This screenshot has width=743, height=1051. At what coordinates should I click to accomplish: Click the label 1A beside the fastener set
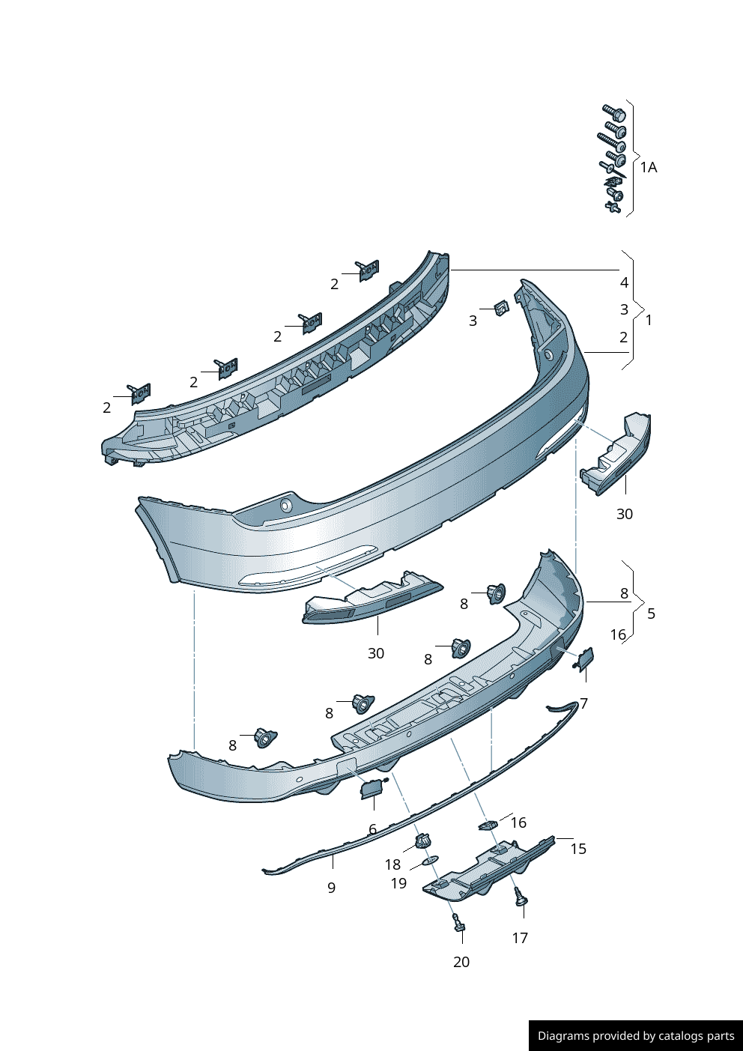click(648, 167)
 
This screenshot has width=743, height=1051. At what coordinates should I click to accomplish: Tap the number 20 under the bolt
click(461, 962)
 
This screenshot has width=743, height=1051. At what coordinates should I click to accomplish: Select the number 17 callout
click(520, 938)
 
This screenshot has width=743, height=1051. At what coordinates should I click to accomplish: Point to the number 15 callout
click(577, 849)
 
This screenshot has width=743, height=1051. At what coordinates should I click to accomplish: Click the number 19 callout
click(398, 883)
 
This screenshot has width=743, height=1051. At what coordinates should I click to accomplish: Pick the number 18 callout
click(392, 864)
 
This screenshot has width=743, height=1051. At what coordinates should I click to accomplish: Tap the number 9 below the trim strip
click(331, 888)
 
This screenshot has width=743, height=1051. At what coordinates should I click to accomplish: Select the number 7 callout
click(583, 703)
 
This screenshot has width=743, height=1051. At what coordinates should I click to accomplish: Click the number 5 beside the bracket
click(651, 614)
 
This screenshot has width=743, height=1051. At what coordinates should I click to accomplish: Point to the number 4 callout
click(624, 282)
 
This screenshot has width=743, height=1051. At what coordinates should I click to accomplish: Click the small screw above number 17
click(521, 897)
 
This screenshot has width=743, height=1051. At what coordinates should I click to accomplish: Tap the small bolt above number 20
click(458, 923)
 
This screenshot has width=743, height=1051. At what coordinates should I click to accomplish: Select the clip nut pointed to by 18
click(424, 841)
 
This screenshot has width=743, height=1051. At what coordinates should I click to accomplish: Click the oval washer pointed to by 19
click(431, 860)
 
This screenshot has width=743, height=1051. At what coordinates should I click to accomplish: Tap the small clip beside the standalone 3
click(501, 308)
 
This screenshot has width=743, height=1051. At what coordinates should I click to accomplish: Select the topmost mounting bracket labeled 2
click(368, 270)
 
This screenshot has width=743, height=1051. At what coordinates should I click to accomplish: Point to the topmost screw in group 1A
click(614, 113)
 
